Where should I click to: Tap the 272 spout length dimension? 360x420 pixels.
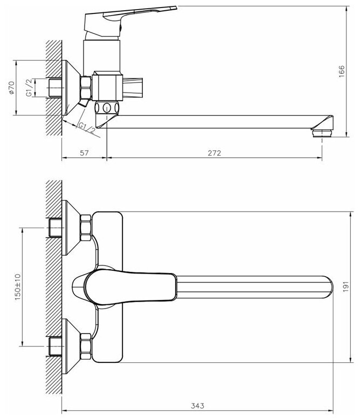point(214,153)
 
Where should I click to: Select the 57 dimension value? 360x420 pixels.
point(85,153)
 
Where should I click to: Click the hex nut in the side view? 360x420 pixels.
point(85,86)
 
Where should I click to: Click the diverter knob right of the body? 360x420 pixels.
point(133,85)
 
